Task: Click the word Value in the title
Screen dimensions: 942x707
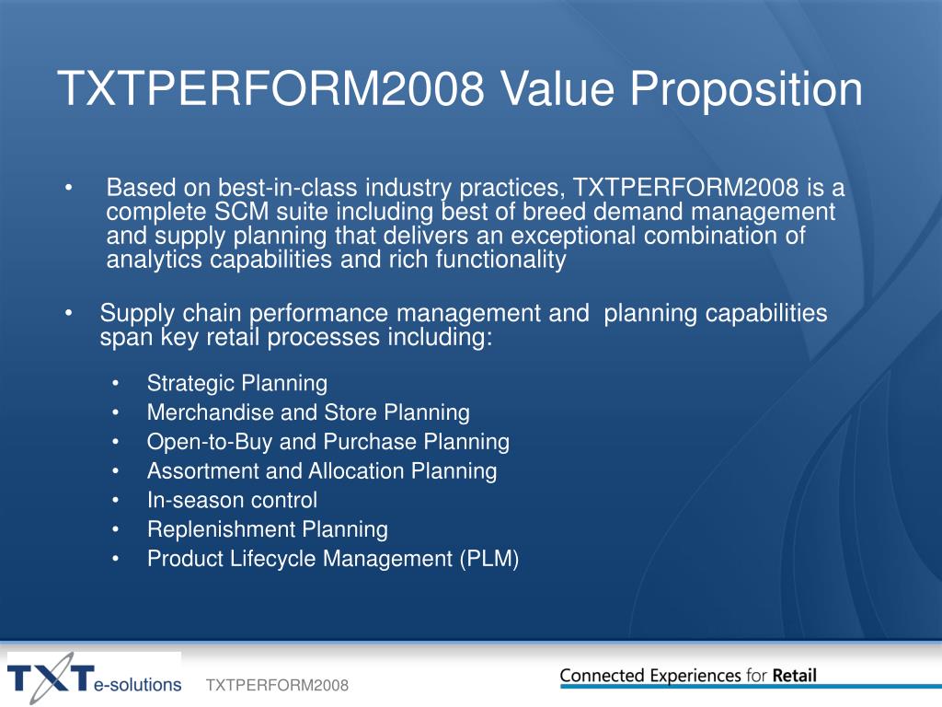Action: pos(558,89)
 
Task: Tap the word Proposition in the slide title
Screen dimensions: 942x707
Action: pos(746,90)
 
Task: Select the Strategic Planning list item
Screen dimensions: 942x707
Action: pos(237,384)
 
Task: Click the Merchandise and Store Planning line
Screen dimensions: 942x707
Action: pos(308,413)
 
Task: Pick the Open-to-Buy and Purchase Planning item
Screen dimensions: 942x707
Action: pos(328,443)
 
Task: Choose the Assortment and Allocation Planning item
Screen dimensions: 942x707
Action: pos(322,471)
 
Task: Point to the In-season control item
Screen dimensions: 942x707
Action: pos(232,500)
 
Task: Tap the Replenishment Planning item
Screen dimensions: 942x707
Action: pos(268,529)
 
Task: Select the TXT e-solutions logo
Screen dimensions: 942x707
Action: pos(94,678)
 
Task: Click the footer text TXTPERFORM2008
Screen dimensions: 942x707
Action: pos(277,685)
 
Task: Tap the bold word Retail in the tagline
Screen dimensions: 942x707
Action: pos(794,676)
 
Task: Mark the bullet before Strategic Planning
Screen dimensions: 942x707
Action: pos(115,384)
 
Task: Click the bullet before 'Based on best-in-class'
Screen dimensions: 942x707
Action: pos(69,188)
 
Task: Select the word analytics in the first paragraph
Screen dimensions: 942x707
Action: pos(154,261)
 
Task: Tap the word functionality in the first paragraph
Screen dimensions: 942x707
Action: pos(501,261)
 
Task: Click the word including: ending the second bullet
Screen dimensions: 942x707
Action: pos(440,337)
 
